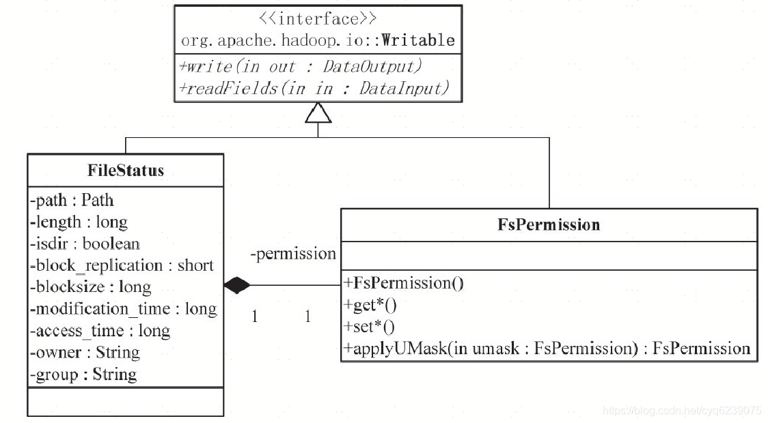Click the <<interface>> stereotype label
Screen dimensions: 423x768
coord(318,19)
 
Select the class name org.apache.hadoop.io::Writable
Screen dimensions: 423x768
coord(318,41)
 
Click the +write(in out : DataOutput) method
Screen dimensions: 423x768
coord(301,66)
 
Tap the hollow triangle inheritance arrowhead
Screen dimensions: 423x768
coord(318,114)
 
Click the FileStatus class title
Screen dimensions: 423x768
coord(126,170)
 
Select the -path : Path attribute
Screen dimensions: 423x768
coord(72,200)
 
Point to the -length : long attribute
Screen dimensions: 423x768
coord(78,222)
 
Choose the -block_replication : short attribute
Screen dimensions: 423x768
coord(122,265)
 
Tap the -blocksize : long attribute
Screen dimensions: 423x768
coord(90,287)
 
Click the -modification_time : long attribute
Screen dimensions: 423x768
coord(123,309)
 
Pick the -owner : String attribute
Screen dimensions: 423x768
coord(84,353)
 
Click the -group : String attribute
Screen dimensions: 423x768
coord(83,375)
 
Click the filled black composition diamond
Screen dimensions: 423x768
coord(237,285)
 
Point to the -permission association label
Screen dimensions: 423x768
coord(293,254)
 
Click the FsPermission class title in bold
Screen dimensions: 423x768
coord(549,224)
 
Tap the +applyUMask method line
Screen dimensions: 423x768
coord(547,349)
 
